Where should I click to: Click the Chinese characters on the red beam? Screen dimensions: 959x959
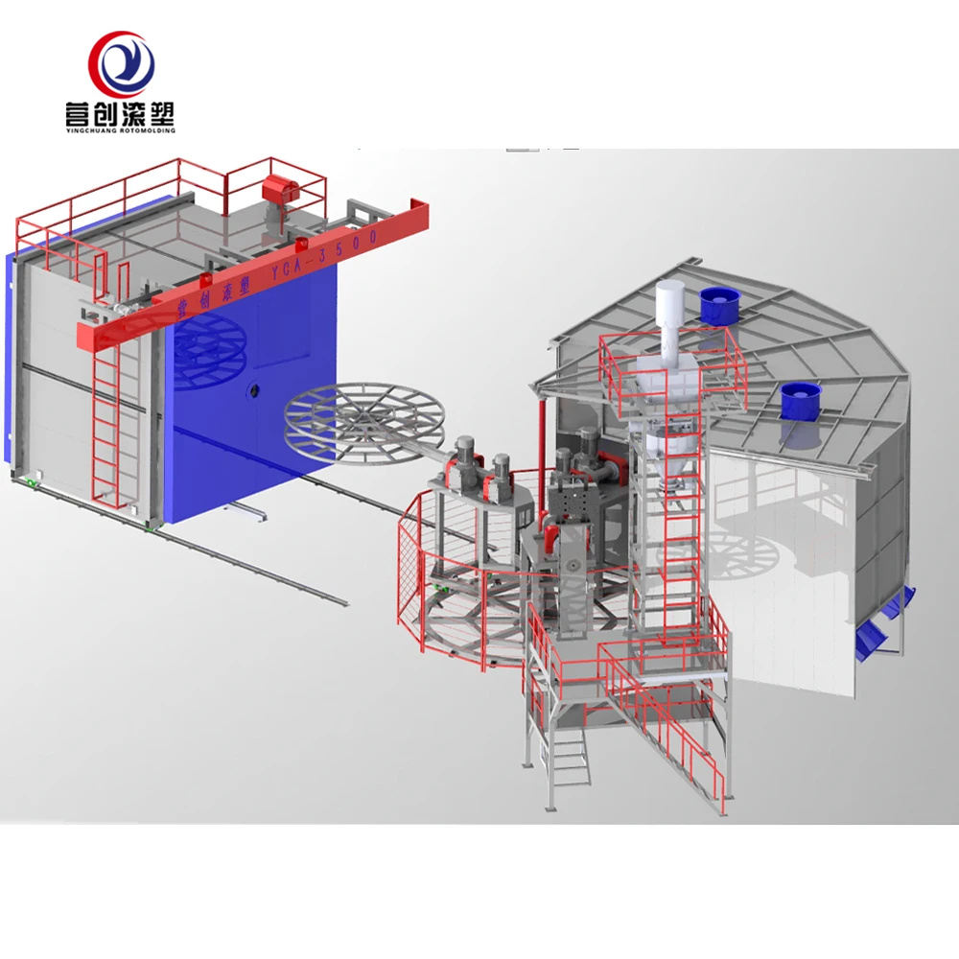pyautogui.click(x=201, y=294)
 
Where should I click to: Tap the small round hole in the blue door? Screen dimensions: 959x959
pyautogui.click(x=251, y=390)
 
